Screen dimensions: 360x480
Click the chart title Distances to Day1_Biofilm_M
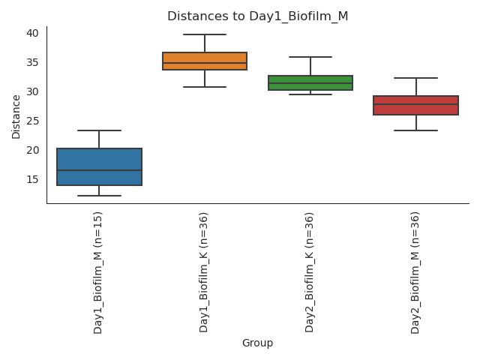point(257,16)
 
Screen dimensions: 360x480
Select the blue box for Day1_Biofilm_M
point(99,166)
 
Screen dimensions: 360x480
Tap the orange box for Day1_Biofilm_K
point(205,61)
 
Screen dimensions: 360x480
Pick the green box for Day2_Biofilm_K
point(310,82)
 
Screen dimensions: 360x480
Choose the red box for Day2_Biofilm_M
point(416,105)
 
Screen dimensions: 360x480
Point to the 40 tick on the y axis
point(33,33)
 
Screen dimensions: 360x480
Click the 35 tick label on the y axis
point(33,62)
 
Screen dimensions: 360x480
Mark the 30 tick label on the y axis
point(33,91)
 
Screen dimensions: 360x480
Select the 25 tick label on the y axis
point(33,121)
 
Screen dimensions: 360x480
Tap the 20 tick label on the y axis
point(33,150)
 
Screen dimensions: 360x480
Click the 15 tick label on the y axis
point(33,179)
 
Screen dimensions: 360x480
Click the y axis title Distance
point(16,115)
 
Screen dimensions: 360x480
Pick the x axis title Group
point(257,343)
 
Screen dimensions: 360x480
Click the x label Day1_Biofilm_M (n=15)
point(99,271)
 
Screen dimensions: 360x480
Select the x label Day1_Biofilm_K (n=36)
point(205,271)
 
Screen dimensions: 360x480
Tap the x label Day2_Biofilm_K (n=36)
point(310,271)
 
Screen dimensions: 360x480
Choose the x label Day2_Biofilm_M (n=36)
point(416,271)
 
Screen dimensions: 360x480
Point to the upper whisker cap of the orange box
point(205,34)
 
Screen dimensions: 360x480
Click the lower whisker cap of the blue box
point(99,196)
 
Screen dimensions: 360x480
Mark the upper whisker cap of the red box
point(416,78)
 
